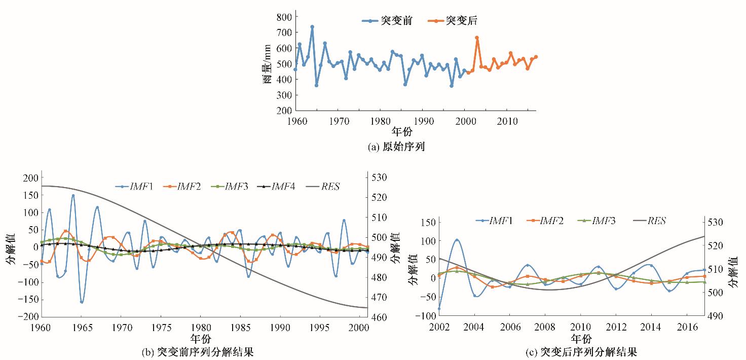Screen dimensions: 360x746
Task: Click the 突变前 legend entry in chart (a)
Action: (x=387, y=21)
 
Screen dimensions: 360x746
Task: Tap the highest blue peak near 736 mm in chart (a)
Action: (x=312, y=27)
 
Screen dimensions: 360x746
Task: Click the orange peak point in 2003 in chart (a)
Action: (x=477, y=38)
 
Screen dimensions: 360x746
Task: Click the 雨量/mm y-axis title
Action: (x=267, y=63)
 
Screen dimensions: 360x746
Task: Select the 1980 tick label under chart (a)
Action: (x=380, y=121)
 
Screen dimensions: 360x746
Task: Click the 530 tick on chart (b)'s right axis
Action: (x=380, y=177)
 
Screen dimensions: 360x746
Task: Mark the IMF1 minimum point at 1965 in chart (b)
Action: (x=81, y=302)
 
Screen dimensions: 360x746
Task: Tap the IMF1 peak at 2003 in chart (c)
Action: (x=457, y=240)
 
